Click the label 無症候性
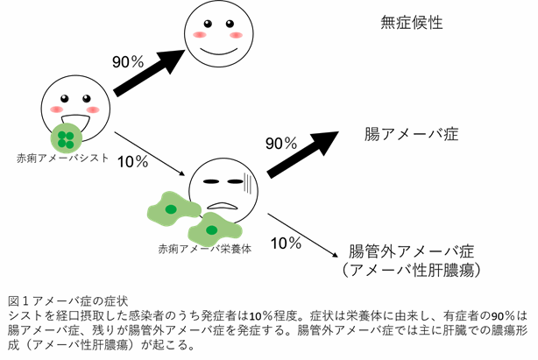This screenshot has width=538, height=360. (411, 23)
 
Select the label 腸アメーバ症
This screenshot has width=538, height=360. (412, 135)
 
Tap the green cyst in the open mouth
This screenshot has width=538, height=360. (67, 137)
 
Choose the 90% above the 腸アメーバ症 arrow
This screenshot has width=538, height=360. (283, 143)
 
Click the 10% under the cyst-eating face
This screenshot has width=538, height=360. (131, 161)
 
